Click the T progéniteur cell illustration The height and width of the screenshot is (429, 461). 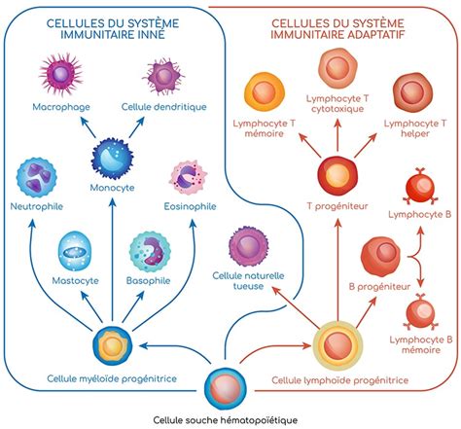click(x=335, y=176)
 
